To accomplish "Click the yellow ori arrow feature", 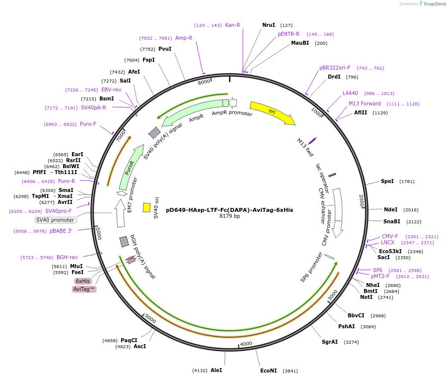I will click(x=272, y=112).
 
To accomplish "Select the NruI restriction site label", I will click(x=269, y=25).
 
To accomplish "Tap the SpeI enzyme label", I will click(x=387, y=181).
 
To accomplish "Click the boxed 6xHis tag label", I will click(x=83, y=281).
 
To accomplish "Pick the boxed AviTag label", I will click(x=84, y=289).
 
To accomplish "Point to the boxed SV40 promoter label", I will click(x=55, y=220).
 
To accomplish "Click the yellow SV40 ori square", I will click(x=147, y=207).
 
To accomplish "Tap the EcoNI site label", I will click(x=268, y=371).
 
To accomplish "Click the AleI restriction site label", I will click(x=216, y=370).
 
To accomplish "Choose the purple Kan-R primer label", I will click(x=232, y=25).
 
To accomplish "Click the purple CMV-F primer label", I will click(x=390, y=236).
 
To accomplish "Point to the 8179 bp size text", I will click(x=229, y=216).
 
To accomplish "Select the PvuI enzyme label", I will click(x=165, y=49).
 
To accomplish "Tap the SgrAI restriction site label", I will click(x=330, y=342).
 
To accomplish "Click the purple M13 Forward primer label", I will click(x=365, y=103).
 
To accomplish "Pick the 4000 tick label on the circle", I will click(x=246, y=344).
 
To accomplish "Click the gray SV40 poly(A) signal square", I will click(x=154, y=133).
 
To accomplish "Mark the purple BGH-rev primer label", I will click(x=67, y=257).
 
